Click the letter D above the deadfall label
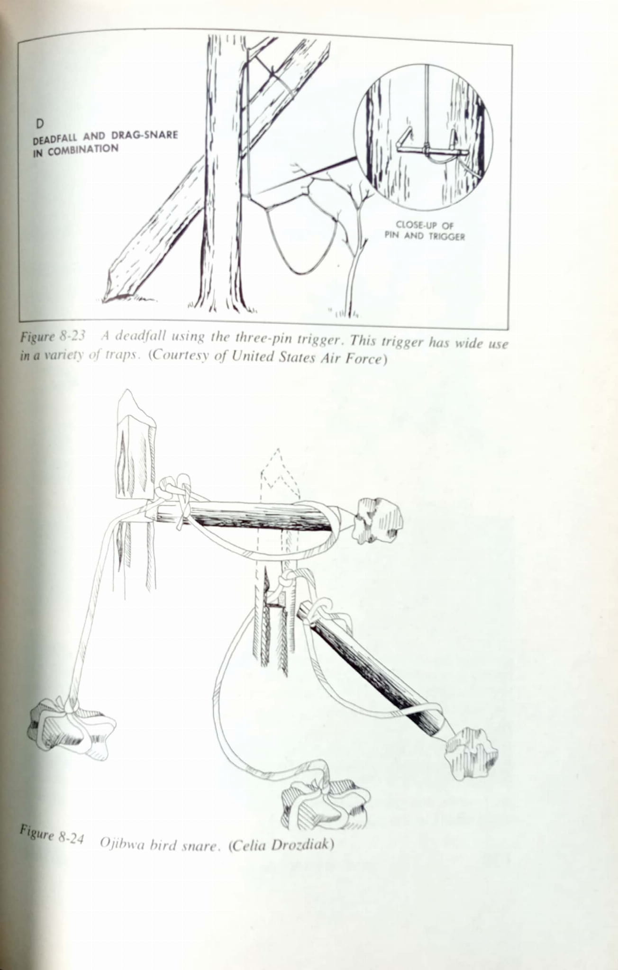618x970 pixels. tap(40, 124)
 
